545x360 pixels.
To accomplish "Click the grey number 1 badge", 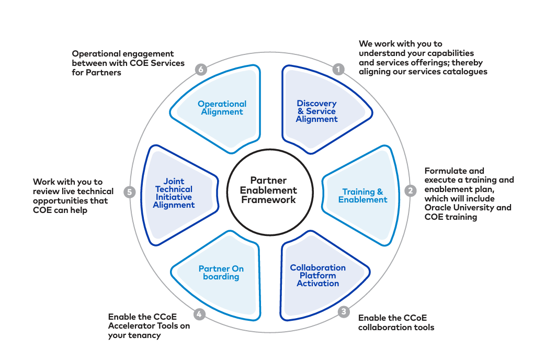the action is click(x=338, y=69).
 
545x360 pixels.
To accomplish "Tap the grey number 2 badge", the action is click(x=411, y=190).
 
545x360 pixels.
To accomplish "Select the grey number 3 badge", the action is click(x=344, y=311).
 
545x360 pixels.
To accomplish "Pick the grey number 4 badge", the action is click(x=199, y=314).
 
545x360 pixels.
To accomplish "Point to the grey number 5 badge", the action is click(x=130, y=192).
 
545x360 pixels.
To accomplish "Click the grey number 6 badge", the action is click(x=201, y=70).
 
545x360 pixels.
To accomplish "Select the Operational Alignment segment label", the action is click(x=222, y=108).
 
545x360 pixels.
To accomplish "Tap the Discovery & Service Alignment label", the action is click(x=316, y=111).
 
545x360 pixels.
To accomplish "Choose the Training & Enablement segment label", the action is click(x=362, y=196).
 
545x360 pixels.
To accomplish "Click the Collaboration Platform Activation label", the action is click(x=317, y=275).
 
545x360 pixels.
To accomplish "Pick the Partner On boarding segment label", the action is click(x=221, y=273).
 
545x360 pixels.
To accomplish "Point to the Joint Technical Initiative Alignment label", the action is click(x=174, y=193).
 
